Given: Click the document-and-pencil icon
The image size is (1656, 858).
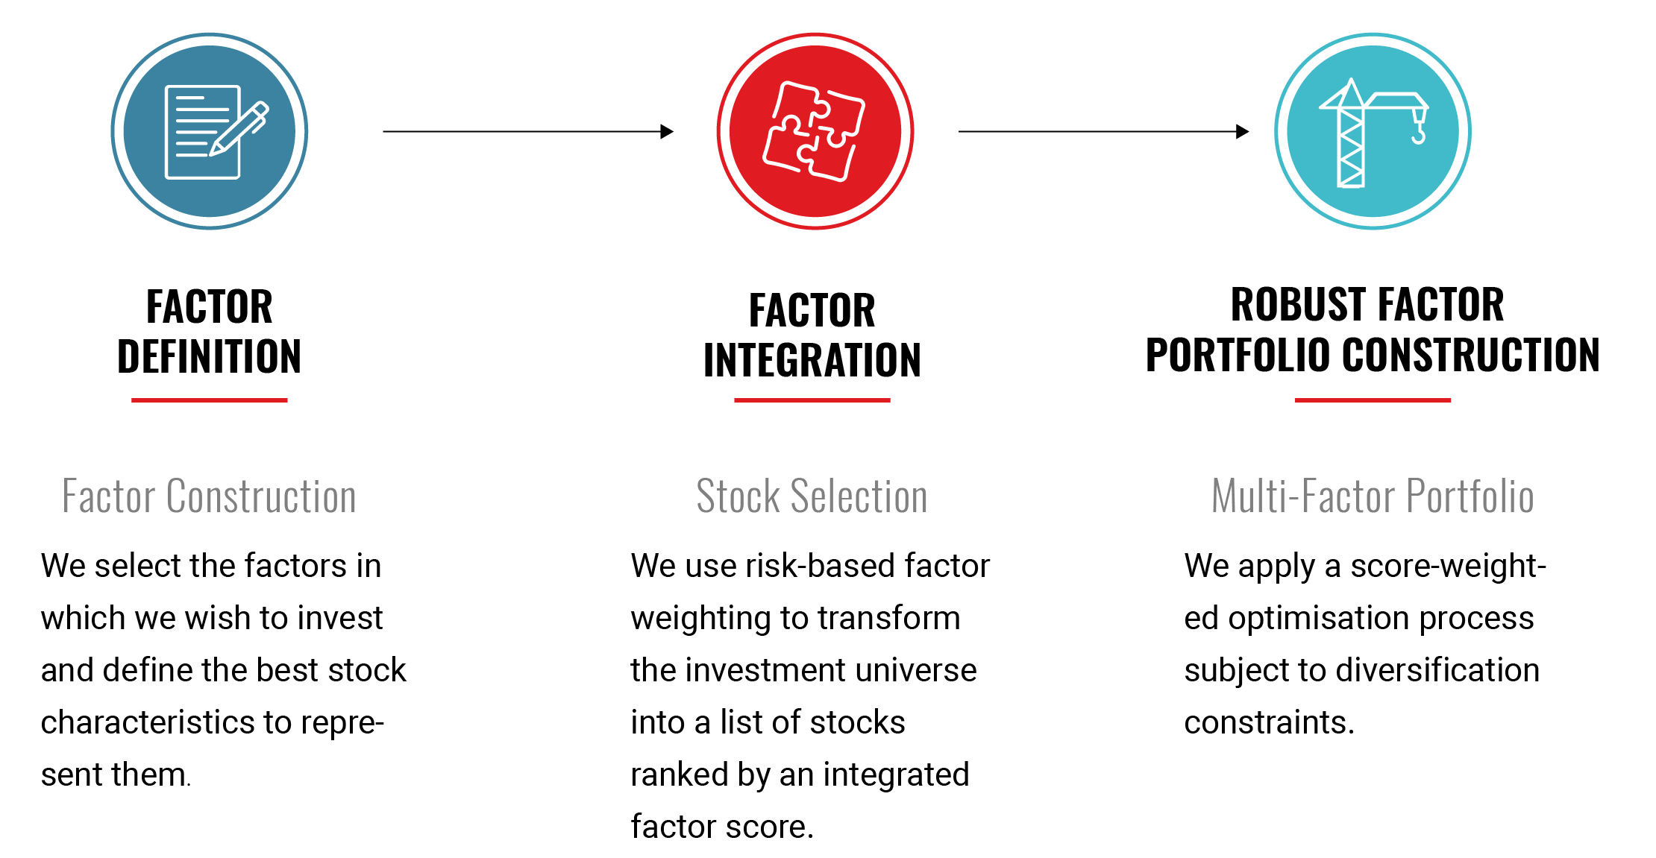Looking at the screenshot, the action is pyautogui.click(x=216, y=132).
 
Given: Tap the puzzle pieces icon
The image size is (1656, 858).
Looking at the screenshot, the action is pyautogui.click(x=814, y=130).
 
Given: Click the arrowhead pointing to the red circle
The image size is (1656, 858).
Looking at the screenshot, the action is pyautogui.click(x=667, y=131).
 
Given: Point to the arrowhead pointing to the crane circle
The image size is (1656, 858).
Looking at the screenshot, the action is pyautogui.click(x=1242, y=131).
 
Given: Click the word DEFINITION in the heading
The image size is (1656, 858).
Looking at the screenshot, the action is pyautogui.click(x=209, y=356).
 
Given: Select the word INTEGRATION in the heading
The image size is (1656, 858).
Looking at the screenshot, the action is pyautogui.click(x=812, y=361).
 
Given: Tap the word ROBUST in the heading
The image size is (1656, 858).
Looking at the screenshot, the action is pyautogui.click(x=1293, y=304).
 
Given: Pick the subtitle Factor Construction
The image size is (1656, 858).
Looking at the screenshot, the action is pyautogui.click(x=209, y=496).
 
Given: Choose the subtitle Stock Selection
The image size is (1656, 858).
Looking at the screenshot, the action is pyautogui.click(x=812, y=496).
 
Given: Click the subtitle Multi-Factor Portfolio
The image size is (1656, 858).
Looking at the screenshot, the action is pyautogui.click(x=1373, y=496).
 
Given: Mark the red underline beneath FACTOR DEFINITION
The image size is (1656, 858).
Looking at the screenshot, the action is pyautogui.click(x=209, y=400).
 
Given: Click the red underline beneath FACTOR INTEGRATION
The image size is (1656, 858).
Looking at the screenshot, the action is pyautogui.click(x=812, y=400).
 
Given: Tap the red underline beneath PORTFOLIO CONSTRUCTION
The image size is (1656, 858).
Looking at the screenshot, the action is pyautogui.click(x=1373, y=400).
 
